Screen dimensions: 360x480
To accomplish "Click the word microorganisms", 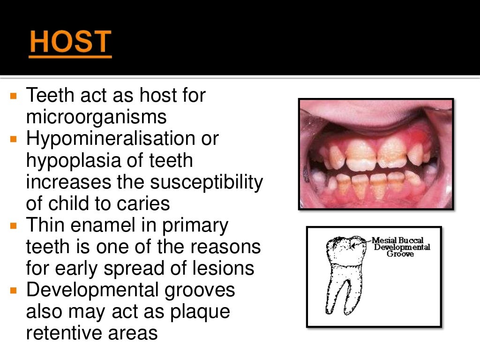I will (96, 117).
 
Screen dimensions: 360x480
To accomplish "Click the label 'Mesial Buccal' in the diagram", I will (397, 241).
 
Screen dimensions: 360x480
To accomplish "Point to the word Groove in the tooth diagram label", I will (400, 254).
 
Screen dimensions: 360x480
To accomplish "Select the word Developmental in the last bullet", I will (91, 290).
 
